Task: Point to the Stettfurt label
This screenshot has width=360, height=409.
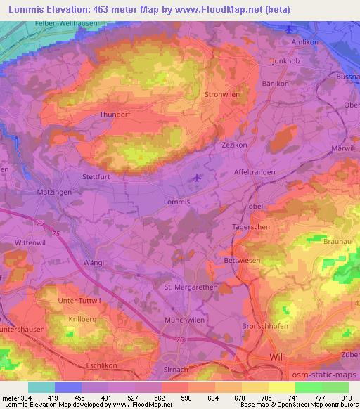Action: pyautogui.click(x=98, y=177)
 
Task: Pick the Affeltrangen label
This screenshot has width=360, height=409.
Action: pyautogui.click(x=255, y=172)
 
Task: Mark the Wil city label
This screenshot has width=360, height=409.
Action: pyautogui.click(x=276, y=358)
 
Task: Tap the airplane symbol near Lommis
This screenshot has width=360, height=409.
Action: pyautogui.click(x=198, y=178)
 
